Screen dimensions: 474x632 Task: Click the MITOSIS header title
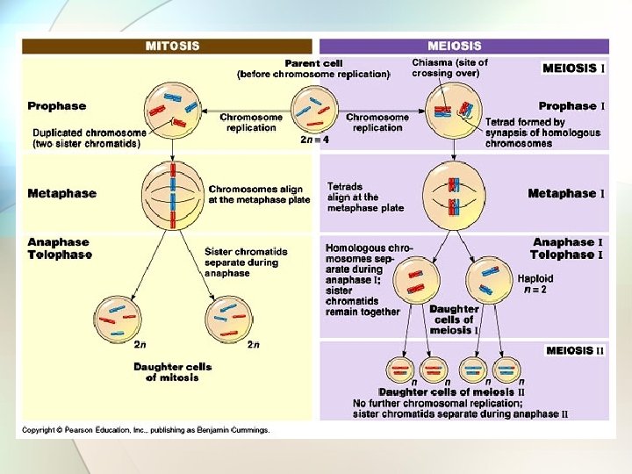172,45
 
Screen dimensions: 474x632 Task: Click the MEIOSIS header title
454,45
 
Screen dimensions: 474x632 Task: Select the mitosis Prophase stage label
57,106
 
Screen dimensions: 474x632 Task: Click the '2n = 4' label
314,140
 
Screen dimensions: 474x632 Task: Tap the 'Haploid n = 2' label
535,284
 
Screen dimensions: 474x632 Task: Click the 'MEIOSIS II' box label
575,351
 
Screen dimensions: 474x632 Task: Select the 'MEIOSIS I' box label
574,68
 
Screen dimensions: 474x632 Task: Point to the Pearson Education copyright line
146,430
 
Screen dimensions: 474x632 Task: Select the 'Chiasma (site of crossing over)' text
450,68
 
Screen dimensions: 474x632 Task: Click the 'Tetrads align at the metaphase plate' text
365,197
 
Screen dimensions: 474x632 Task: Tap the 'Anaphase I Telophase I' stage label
567,248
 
